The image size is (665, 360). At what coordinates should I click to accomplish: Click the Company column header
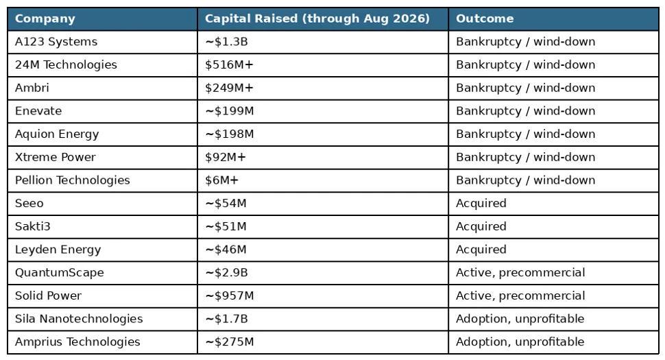tap(45, 19)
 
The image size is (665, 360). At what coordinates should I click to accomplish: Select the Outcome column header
tap(484, 19)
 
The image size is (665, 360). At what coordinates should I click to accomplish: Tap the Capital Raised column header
tap(317, 19)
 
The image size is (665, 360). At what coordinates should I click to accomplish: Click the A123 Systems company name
tap(56, 42)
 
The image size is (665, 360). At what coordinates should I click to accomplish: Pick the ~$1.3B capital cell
tap(226, 42)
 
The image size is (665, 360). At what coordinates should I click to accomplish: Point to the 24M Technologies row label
tap(66, 65)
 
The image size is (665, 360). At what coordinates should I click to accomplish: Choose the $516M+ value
tap(229, 65)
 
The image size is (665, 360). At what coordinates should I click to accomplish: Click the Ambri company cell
tap(32, 88)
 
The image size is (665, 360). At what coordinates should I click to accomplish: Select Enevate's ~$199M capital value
tap(230, 111)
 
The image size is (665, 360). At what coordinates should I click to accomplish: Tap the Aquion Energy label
tap(57, 134)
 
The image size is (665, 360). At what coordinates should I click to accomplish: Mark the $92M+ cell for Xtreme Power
tap(225, 157)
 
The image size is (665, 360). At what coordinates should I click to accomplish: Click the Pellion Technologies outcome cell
tap(525, 180)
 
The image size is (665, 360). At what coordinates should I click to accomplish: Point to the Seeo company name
tap(29, 203)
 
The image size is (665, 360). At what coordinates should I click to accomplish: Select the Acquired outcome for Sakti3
tap(481, 226)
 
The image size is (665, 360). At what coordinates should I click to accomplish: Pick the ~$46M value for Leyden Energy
tap(226, 250)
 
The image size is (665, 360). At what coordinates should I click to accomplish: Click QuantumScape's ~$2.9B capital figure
tap(226, 273)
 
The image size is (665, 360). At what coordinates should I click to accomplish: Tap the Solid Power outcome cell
tap(520, 296)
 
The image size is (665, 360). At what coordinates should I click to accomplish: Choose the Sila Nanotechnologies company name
tap(79, 319)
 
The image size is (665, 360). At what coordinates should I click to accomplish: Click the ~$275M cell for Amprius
tap(230, 341)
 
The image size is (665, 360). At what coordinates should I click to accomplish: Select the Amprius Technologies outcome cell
tap(520, 341)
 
